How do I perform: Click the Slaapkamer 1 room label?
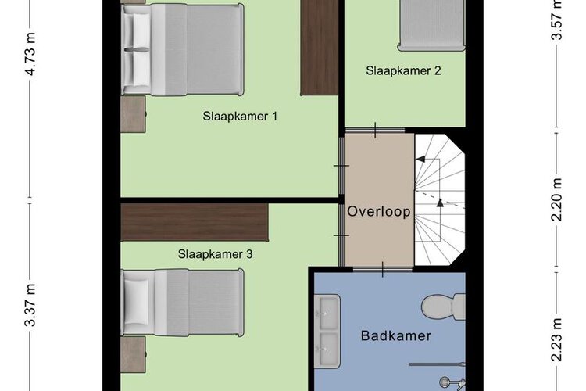(x=240, y=116)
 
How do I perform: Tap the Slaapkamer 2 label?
(x=403, y=70)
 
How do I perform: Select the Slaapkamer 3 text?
(x=216, y=254)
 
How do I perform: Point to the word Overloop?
(x=379, y=211)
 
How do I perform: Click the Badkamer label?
(x=396, y=335)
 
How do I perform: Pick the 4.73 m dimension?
(x=30, y=54)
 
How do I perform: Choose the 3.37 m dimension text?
(x=30, y=305)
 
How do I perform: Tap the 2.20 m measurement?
(x=557, y=199)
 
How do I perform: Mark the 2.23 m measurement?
(x=557, y=339)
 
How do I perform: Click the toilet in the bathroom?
(x=444, y=307)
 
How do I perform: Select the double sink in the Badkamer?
(x=327, y=331)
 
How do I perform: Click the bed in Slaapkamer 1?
(x=183, y=49)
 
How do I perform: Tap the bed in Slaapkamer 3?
(x=183, y=303)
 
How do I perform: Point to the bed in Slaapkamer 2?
(x=432, y=25)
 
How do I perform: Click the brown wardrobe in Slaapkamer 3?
(x=195, y=223)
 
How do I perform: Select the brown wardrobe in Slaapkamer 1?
(x=320, y=48)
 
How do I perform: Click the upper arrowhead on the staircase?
(x=420, y=159)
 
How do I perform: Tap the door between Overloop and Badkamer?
(x=383, y=269)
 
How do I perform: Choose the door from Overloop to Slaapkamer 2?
(x=375, y=131)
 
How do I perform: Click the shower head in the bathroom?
(x=445, y=382)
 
